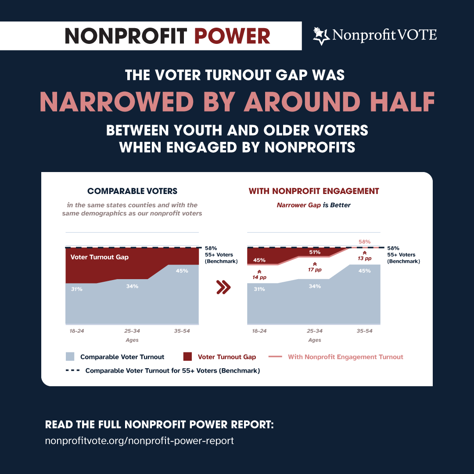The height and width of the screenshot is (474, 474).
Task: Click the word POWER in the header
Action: (232, 36)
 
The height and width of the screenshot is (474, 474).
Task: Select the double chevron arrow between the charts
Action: (223, 287)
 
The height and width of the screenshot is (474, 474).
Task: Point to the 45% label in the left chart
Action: (182, 271)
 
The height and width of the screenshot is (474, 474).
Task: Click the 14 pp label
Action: (259, 277)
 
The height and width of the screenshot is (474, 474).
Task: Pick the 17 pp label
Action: (315, 269)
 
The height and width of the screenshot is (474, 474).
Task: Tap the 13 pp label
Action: (364, 258)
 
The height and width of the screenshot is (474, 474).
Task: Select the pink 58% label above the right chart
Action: (364, 241)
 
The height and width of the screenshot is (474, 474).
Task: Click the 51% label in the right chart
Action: (315, 252)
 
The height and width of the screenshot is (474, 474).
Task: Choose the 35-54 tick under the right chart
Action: (364, 330)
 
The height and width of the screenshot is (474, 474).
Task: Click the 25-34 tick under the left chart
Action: (132, 330)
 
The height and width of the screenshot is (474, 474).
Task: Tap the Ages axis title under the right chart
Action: (314, 340)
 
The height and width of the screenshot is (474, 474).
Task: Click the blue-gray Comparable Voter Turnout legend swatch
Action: (70, 357)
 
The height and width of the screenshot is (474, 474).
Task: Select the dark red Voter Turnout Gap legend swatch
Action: (187, 357)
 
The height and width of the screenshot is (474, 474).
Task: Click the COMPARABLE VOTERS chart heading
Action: (132, 191)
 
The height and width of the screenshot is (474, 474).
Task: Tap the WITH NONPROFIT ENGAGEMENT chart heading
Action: (314, 191)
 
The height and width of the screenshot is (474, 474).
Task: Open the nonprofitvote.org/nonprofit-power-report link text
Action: (140, 441)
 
